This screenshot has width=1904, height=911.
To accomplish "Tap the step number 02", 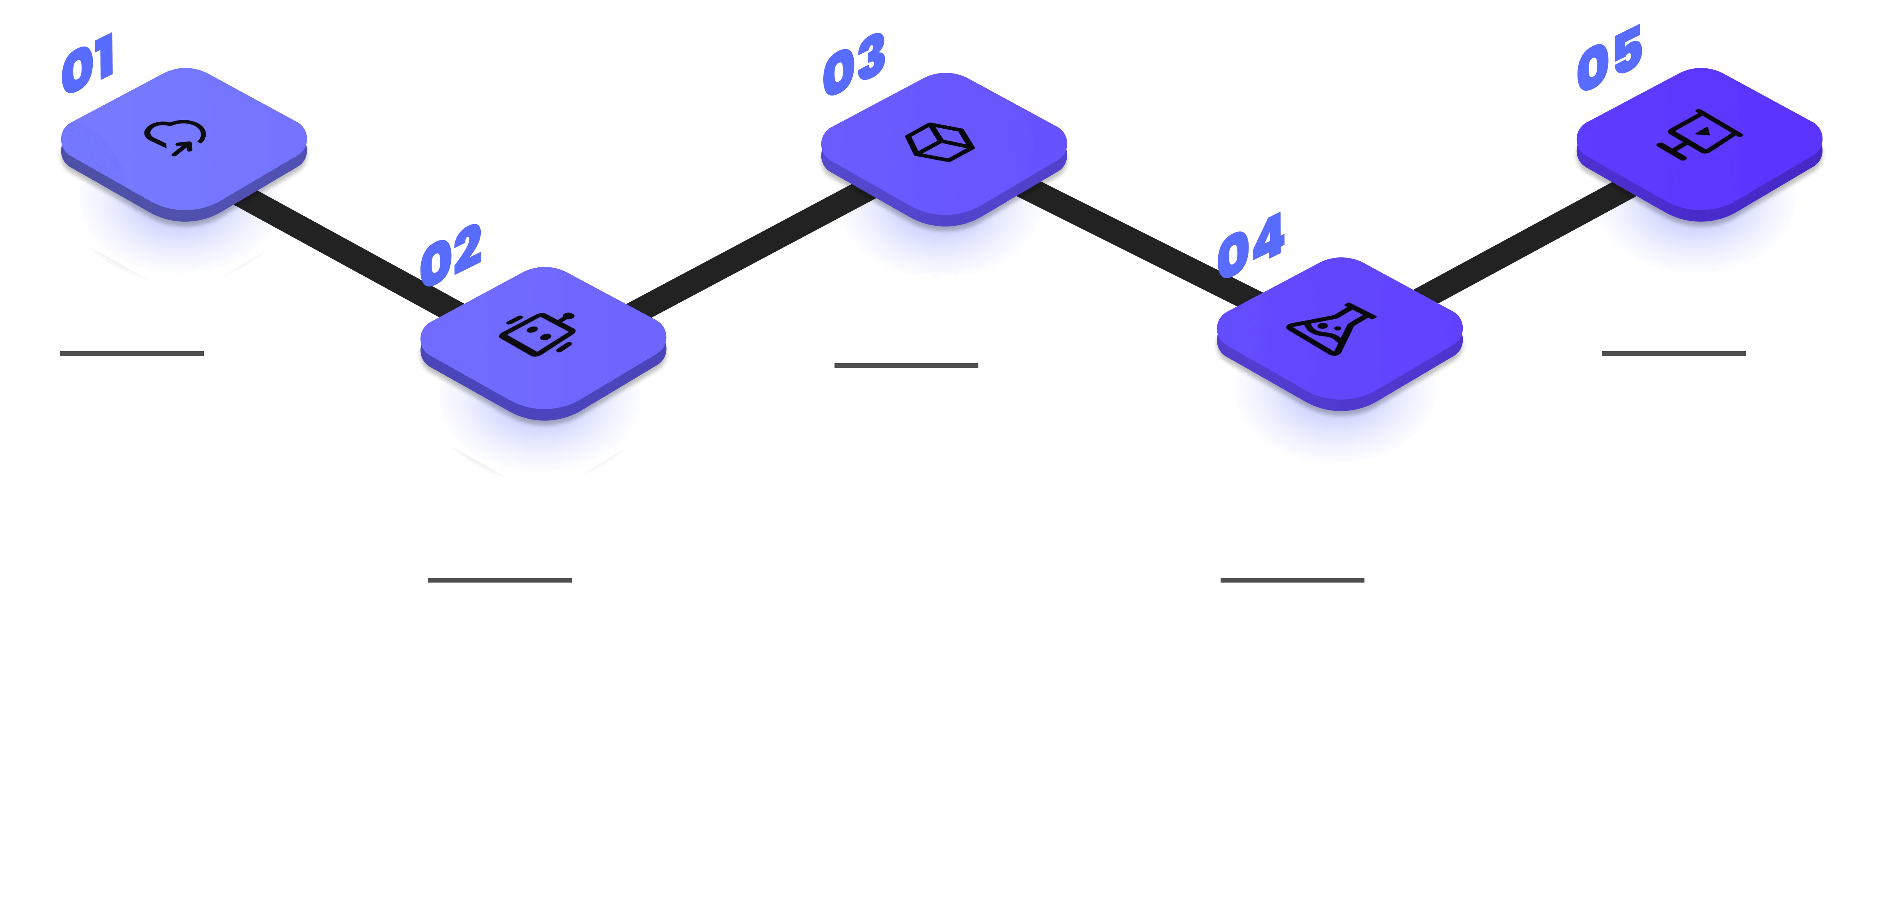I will pos(451,255).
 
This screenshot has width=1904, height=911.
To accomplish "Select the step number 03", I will pos(854,65).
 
